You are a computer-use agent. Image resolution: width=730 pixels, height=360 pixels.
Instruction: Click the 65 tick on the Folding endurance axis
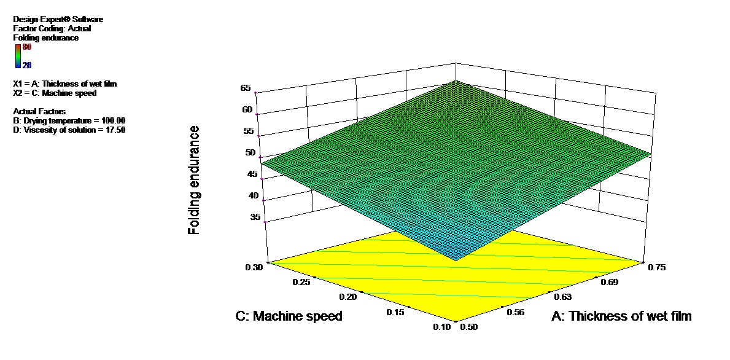[246, 88]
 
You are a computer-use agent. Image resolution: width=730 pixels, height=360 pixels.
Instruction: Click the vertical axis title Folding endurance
[195, 179]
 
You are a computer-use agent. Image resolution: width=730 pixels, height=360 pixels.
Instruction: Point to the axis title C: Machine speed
[289, 316]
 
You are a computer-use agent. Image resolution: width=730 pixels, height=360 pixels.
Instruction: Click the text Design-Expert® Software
[58, 20]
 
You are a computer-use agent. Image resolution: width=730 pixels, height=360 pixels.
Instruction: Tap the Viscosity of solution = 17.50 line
[69, 130]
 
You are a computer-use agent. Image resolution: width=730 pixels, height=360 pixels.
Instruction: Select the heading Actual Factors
[39, 111]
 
